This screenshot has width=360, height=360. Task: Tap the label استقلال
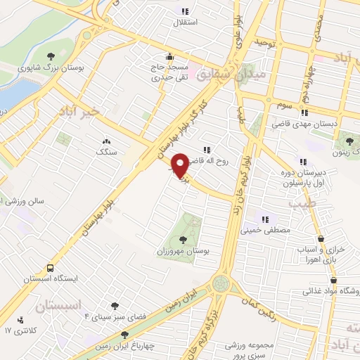[x=186, y=22]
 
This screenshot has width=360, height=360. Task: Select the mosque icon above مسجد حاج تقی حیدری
[x=168, y=58]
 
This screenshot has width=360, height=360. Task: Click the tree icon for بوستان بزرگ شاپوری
[x=50, y=56]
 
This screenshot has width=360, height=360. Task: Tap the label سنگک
[x=107, y=151]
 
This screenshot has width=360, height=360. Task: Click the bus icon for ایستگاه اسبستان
[x=50, y=268]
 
